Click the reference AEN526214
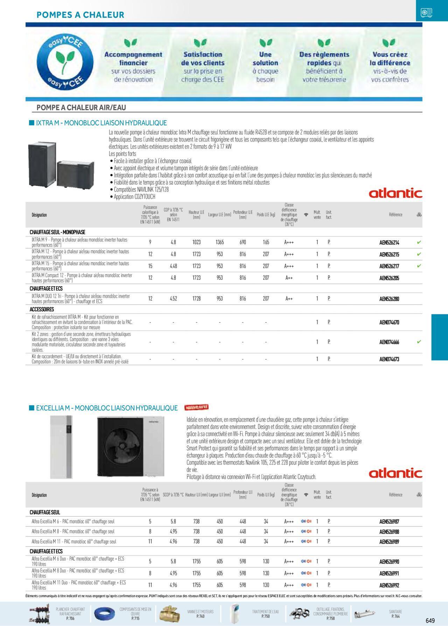tap(389, 243)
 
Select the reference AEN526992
tap(389, 585)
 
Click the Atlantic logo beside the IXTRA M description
tap(395, 193)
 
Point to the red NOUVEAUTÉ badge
tap(196, 407)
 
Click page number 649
tap(430, 621)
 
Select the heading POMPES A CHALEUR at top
tap(80, 15)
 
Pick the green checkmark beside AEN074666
tap(419, 342)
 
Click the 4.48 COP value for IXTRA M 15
tap(173, 266)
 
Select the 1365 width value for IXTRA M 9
tap(219, 242)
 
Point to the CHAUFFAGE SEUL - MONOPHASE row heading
tap(57, 232)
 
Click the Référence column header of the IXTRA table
tap(395, 215)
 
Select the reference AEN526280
tap(389, 299)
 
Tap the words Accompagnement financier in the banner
tap(133, 58)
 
